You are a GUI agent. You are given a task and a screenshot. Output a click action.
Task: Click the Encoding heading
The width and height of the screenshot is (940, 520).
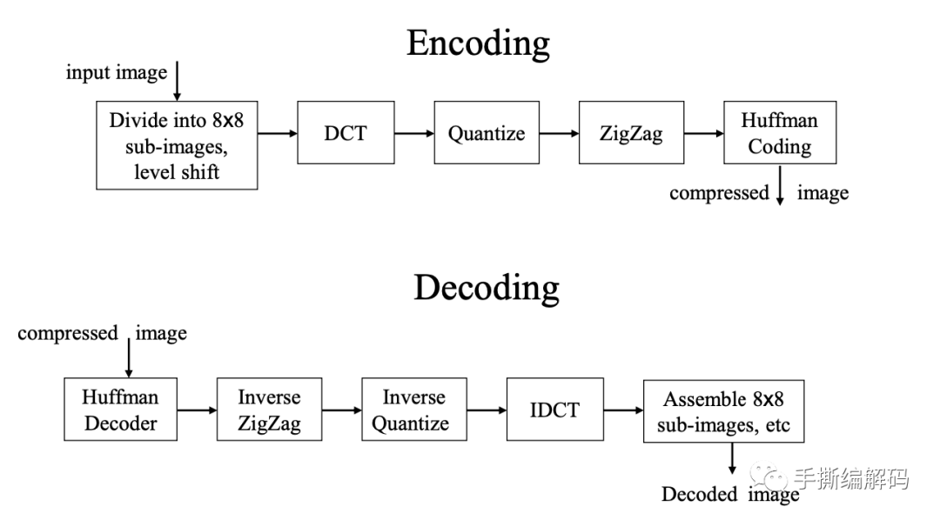point(478,43)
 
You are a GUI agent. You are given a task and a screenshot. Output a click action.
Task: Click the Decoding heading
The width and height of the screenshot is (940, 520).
point(486,287)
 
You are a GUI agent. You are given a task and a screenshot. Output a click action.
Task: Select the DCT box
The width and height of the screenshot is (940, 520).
point(346,133)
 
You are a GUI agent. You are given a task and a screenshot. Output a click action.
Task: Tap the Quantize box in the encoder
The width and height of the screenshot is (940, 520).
point(487,133)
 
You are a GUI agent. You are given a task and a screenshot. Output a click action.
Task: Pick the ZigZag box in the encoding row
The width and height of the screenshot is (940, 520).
point(631,133)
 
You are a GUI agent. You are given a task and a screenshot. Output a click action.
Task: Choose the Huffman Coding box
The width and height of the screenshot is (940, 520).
point(779,133)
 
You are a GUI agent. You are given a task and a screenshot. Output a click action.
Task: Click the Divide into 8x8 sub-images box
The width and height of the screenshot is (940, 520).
point(177,145)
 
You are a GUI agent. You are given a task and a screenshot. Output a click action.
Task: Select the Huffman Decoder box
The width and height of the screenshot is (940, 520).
point(120,410)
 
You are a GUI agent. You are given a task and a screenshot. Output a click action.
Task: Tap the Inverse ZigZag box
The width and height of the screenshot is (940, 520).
point(269,410)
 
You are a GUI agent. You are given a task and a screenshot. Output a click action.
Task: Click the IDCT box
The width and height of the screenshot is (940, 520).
point(554,410)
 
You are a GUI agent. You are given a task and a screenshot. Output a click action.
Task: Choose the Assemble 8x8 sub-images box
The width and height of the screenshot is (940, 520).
point(723,410)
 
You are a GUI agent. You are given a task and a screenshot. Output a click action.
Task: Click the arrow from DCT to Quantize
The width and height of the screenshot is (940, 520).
point(414,133)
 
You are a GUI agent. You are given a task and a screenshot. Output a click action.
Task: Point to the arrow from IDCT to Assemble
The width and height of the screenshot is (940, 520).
point(622,410)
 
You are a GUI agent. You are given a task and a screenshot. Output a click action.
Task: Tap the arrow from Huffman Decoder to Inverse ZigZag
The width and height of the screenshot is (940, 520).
point(196,410)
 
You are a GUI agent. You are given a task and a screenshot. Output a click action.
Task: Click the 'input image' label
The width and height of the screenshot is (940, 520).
point(116,72)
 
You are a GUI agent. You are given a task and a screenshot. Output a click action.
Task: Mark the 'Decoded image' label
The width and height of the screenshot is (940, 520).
point(729,495)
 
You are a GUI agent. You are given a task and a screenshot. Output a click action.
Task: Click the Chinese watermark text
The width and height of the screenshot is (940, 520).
point(849,477)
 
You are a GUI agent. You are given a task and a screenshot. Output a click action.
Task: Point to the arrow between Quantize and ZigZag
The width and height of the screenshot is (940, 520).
point(558,133)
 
